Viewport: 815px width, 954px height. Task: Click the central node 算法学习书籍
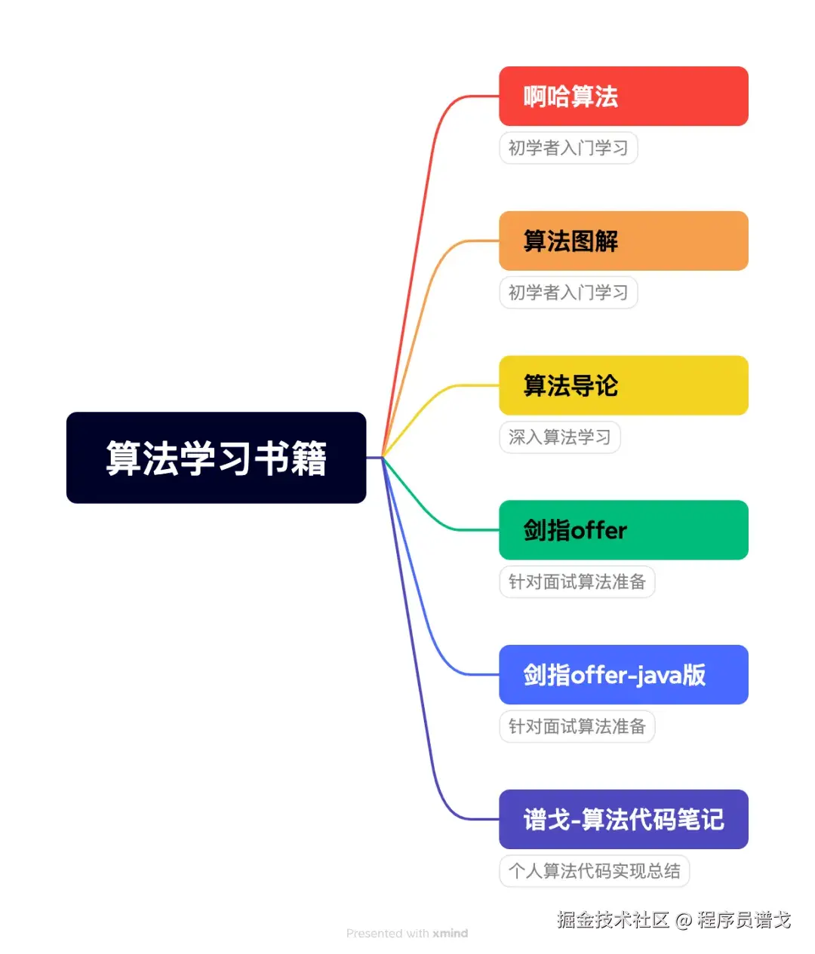[216, 458]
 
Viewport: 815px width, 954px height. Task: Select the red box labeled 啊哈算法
[623, 97]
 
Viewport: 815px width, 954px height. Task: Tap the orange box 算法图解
[623, 241]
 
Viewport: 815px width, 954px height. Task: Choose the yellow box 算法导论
[623, 385]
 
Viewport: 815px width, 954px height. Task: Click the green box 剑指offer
[623, 530]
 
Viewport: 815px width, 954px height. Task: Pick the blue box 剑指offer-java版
[623, 675]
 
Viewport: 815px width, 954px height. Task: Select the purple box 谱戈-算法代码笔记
[623, 820]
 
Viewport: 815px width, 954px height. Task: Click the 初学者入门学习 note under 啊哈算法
[568, 148]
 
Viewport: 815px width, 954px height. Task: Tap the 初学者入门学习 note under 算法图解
[568, 293]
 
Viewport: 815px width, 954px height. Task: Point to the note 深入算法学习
[559, 437]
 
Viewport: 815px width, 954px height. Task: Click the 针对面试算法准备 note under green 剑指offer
[577, 582]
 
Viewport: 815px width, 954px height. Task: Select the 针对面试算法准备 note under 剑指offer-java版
[577, 727]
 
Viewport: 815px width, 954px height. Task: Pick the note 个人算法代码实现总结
[594, 871]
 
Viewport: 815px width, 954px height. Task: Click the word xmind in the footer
[451, 934]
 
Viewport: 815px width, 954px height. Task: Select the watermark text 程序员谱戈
[744, 920]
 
